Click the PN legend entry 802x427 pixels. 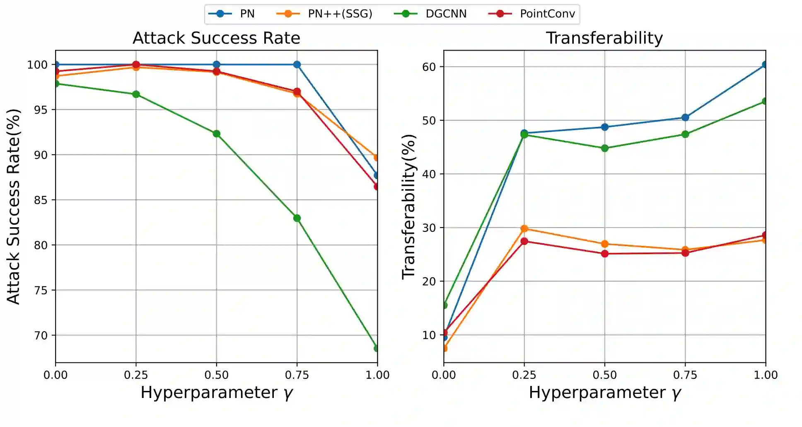232,14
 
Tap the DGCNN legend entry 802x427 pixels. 430,14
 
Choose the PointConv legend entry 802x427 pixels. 532,14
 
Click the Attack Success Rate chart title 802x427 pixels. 216,38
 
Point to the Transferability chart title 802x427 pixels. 604,38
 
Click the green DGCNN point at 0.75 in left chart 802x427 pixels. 297,218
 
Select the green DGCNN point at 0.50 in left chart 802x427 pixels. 216,133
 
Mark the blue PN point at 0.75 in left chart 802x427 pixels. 297,65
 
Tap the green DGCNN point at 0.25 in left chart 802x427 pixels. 136,95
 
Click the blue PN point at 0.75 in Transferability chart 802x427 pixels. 685,117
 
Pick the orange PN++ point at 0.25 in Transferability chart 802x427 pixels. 524,228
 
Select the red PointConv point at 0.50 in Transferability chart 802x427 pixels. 605,254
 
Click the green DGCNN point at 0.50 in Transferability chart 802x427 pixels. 605,148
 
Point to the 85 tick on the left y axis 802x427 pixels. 41,200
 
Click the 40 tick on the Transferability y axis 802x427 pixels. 429,174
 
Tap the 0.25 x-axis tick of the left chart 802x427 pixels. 136,375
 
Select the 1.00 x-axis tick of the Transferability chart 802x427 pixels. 766,375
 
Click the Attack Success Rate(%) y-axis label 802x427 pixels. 13,206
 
